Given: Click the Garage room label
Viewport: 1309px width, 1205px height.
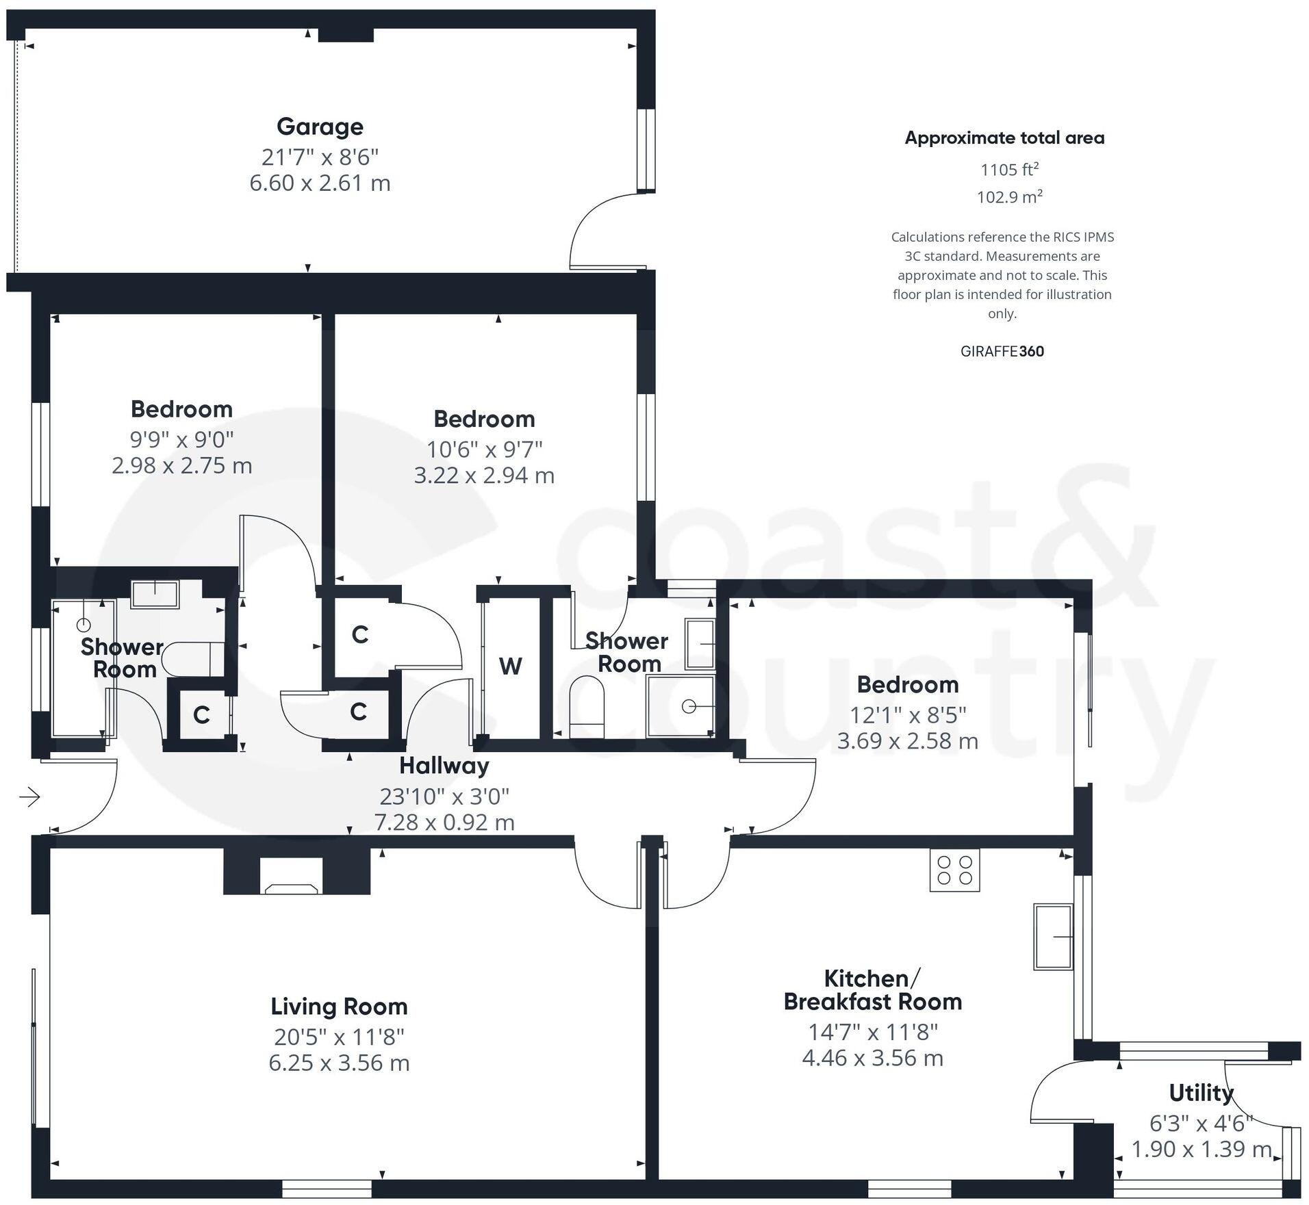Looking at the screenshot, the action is (320, 127).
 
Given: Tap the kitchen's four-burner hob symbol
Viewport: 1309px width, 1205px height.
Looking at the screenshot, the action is (954, 870).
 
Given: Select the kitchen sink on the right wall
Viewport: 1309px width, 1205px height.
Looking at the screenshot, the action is (1053, 936).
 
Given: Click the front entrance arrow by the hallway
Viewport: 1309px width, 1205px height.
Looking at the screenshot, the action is (29, 796).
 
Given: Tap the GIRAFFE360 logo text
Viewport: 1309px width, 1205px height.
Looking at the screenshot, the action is (1002, 352).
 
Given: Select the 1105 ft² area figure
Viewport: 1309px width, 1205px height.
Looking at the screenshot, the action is (1010, 169).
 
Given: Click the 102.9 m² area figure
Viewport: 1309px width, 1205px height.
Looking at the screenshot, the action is (1010, 197).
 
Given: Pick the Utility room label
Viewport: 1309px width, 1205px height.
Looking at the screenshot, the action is (1201, 1093).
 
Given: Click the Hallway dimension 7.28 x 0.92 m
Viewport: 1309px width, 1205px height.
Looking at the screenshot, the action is (444, 822).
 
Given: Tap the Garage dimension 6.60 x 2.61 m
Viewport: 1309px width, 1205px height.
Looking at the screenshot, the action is (320, 183).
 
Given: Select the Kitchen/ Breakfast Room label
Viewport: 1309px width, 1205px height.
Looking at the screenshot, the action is (873, 989).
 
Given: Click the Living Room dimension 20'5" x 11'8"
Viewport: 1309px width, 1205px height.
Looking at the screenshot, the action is (339, 1037).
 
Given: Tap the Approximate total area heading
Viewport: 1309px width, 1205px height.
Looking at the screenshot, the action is (1005, 138).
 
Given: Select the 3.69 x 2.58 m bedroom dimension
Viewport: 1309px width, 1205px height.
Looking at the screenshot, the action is (908, 741).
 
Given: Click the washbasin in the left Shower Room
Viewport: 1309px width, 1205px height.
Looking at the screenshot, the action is (155, 594).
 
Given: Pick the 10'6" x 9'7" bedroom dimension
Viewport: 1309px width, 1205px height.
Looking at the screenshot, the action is (485, 450).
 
